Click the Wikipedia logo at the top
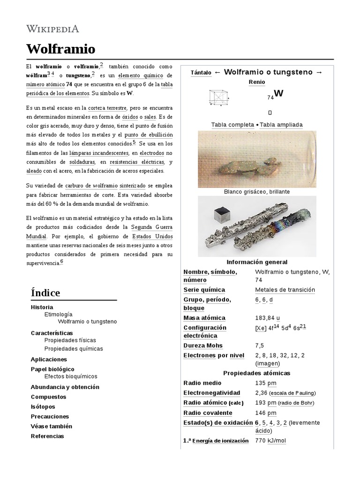tap(52, 29)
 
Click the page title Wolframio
tap(60, 49)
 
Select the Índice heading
tap(45, 293)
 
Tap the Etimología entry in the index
tap(58, 315)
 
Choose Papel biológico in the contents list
tap(52, 369)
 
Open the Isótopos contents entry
tap(43, 406)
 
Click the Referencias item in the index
tap(47, 435)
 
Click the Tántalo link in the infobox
tap(201, 73)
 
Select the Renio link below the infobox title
tap(256, 82)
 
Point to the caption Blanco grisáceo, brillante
tap(256, 192)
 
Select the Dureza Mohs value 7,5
tap(259, 345)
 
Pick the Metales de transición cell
tap(285, 290)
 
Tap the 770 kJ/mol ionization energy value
tap(270, 441)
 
